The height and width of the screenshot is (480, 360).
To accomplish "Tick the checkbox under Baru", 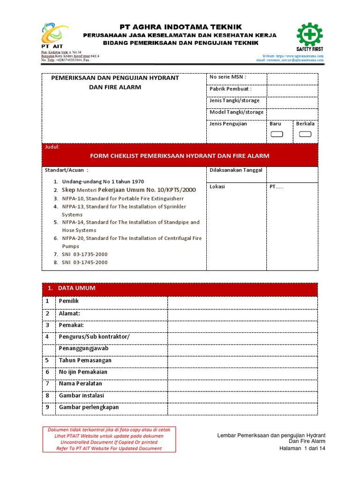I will click(x=277, y=135).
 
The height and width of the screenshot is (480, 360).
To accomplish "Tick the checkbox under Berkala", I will click(x=305, y=135).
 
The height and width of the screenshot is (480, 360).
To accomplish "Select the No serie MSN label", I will click(x=228, y=77).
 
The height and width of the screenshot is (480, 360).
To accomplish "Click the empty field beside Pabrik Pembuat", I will click(x=292, y=90).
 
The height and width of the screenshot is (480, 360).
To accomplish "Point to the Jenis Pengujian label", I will click(x=228, y=124).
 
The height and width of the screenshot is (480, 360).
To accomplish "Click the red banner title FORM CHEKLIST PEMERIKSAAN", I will click(x=180, y=156).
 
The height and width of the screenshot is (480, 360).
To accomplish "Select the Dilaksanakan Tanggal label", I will click(x=236, y=170).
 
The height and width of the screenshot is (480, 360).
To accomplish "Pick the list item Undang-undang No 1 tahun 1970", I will click(x=103, y=181).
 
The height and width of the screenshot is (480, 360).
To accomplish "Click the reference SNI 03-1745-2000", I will click(x=84, y=262).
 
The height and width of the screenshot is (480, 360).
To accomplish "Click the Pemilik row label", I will click(x=69, y=301).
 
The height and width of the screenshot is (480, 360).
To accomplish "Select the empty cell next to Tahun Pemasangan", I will click(x=242, y=360).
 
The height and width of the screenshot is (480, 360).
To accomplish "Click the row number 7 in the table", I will click(x=47, y=383).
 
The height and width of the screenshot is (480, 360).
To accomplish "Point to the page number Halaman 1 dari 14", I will click(x=302, y=448).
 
